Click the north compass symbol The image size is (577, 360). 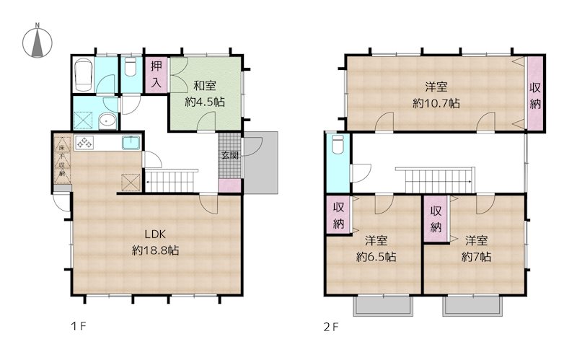coord(36,43)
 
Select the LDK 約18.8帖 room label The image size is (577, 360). coord(156,243)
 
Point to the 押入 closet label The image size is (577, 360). coord(157,74)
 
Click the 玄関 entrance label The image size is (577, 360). coord(229,155)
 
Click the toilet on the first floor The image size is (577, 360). coord(130,68)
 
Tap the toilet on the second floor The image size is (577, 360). coord(336,147)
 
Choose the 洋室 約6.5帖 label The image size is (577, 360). coord(371,249)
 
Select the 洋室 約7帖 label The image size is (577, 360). coord(476,249)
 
